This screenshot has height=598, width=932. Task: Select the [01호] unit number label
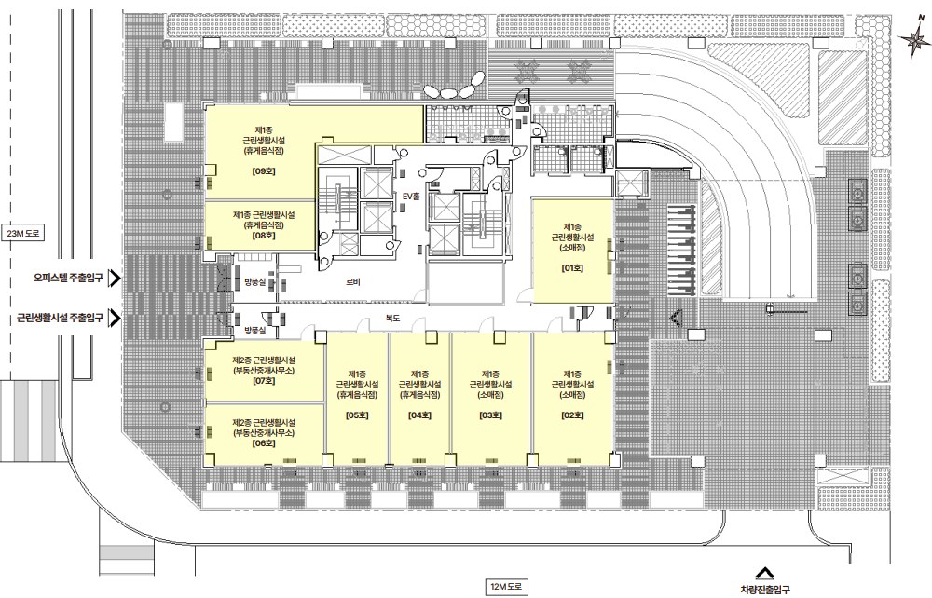tap(572, 268)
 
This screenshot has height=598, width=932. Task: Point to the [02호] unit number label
tap(572, 415)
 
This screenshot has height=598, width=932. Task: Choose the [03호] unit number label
tap(490, 415)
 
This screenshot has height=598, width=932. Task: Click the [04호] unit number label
tap(419, 415)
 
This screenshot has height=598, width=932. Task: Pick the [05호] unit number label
tap(357, 415)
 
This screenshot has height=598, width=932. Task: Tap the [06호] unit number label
tap(264, 443)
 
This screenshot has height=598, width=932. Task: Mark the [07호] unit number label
tap(264, 381)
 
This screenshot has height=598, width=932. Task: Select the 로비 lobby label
tap(353, 282)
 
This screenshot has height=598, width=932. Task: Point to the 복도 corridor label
tap(392, 319)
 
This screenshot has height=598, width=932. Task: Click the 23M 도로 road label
tap(23, 234)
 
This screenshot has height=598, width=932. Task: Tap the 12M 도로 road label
tap(506, 588)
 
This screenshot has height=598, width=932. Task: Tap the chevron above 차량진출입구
tap(765, 573)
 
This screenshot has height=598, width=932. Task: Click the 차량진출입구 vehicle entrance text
tap(765, 590)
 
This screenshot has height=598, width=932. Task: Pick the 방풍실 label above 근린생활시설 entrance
tap(254, 330)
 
